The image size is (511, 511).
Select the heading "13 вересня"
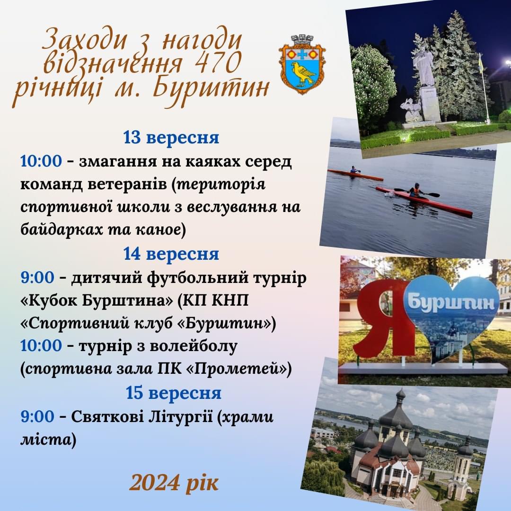(x=171, y=137)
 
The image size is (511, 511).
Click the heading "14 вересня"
(x=171, y=254)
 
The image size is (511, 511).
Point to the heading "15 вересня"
(x=173, y=393)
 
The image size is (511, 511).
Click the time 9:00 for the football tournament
(x=37, y=278)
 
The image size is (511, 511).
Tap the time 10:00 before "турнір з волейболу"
(x=41, y=345)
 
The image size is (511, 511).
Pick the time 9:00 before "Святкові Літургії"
(x=37, y=416)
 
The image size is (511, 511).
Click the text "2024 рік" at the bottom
(x=174, y=483)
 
